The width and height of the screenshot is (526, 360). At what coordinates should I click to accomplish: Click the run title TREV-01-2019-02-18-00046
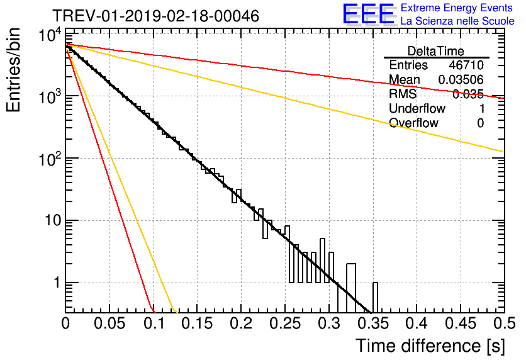[x=155, y=16]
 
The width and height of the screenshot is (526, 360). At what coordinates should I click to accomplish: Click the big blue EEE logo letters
[x=369, y=14]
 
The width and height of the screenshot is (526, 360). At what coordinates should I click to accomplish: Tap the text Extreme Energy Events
[x=457, y=8]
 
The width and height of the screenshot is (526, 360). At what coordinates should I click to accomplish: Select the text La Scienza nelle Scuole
[x=457, y=21]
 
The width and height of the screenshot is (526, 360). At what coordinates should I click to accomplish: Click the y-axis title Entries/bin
[x=13, y=70]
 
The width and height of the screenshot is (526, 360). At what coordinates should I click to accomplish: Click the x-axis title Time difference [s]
[x=430, y=346]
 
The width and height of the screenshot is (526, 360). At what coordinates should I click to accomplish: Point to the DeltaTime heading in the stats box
[x=436, y=51]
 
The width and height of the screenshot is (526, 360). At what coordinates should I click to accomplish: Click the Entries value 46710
[x=466, y=65]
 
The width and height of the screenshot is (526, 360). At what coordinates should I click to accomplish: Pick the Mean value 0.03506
[x=461, y=79]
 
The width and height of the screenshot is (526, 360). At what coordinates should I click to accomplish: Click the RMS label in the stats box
[x=403, y=94]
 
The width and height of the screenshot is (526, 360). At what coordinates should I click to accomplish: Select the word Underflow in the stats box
[x=417, y=108]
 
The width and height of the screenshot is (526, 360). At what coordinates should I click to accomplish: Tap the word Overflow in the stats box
[x=413, y=123]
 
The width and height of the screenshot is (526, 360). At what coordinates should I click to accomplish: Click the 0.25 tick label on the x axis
[x=285, y=323]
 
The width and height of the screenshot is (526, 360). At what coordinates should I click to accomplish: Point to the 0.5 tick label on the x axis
[x=504, y=323]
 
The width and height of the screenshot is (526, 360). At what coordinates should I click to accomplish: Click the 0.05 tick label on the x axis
[x=109, y=323]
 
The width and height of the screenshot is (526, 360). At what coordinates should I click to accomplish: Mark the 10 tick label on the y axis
[x=53, y=221]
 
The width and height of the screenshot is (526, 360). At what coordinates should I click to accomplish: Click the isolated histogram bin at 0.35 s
[x=375, y=298]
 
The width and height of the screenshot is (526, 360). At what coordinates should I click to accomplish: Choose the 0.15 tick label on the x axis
[x=198, y=323]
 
